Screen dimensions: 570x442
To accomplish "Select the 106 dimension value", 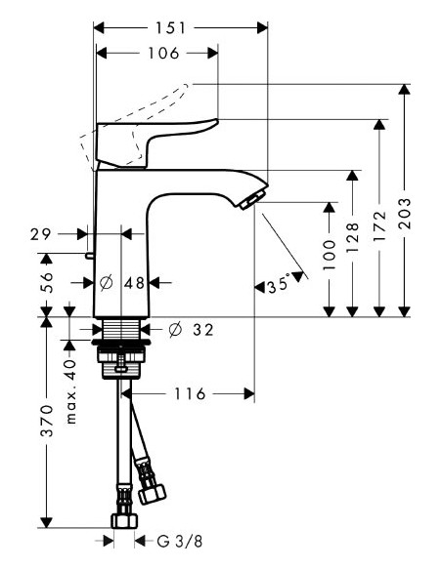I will coord(155,54).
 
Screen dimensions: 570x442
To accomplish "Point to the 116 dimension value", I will coord(191,394).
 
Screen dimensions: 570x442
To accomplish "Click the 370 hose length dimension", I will coord(47,423).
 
